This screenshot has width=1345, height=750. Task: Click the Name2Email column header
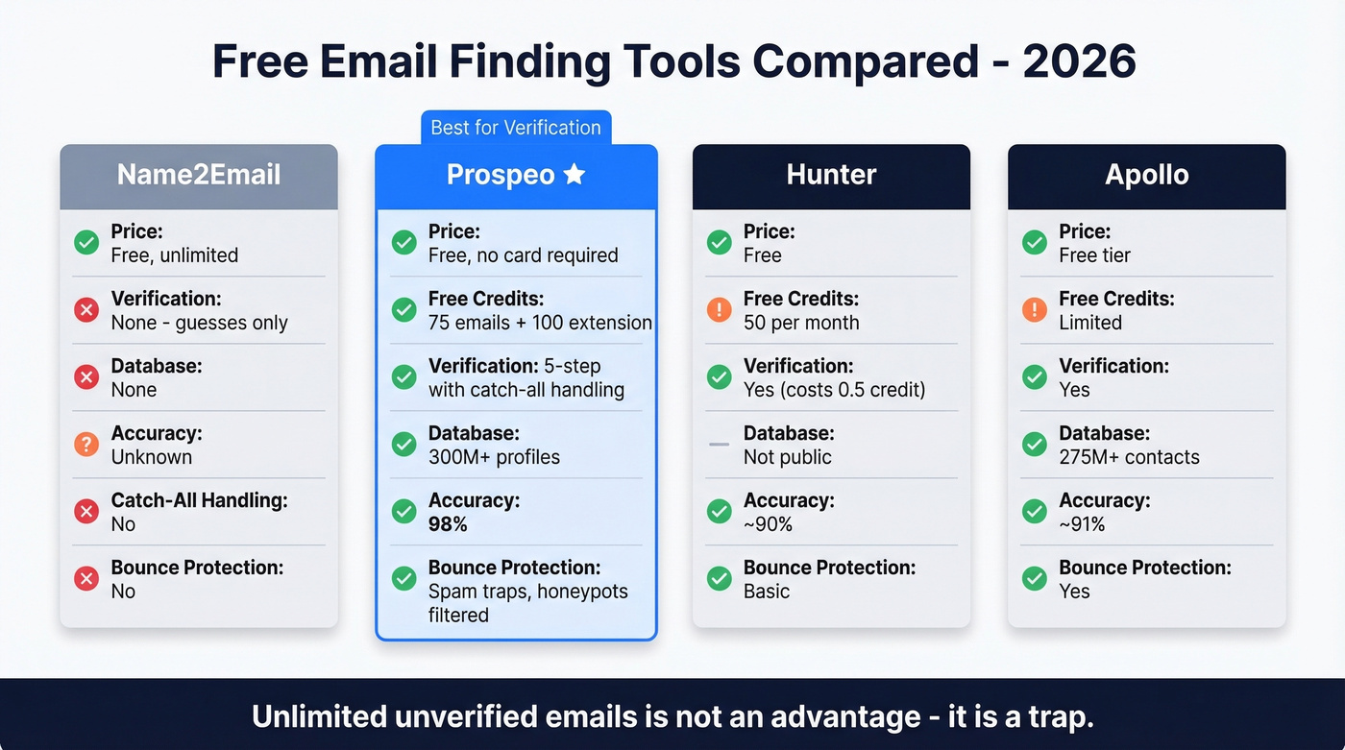point(199,175)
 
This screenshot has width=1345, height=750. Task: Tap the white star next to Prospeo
point(574,174)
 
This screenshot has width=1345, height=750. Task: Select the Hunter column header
point(831,175)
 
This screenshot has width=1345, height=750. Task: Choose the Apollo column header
point(1146,175)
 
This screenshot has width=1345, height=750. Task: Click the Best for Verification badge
point(516,128)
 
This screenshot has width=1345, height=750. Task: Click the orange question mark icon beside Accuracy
point(86,444)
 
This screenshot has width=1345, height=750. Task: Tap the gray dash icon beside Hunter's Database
point(719,445)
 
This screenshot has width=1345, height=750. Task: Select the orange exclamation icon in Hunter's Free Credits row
point(719,309)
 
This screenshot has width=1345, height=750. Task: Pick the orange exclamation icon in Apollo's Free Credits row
point(1035,309)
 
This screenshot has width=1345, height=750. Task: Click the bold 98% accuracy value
point(449,524)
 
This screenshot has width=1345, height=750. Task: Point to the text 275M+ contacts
point(1129,457)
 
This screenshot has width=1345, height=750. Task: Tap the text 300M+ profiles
point(494,457)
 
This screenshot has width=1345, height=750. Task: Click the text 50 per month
point(801,323)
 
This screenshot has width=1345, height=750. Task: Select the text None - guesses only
point(200,323)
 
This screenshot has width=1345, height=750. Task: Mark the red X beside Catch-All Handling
point(86,511)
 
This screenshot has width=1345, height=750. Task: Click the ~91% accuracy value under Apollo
point(1082,524)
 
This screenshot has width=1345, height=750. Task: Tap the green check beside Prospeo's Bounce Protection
point(403,578)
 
